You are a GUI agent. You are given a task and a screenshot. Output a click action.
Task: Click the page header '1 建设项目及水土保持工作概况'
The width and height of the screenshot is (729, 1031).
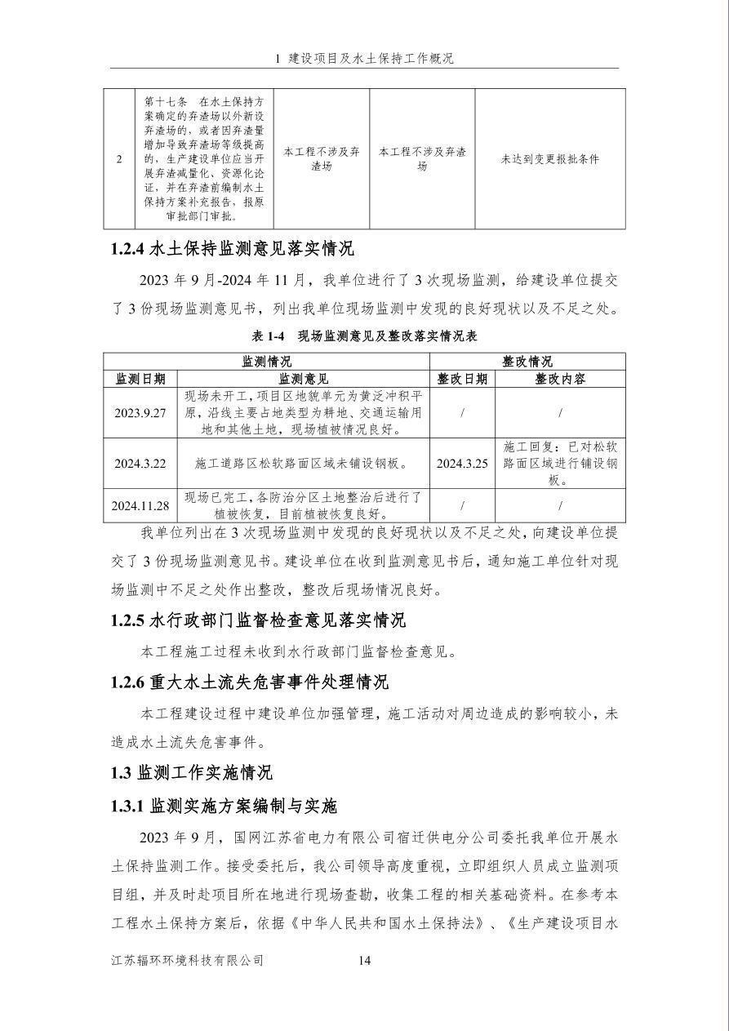coord(364,59)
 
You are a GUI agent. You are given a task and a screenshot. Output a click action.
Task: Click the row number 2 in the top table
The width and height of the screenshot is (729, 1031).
coord(119,159)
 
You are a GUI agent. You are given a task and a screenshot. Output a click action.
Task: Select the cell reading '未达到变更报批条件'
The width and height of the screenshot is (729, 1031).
coord(549,159)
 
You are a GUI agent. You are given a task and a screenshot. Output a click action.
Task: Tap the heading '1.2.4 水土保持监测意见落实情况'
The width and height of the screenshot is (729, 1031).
coord(232,248)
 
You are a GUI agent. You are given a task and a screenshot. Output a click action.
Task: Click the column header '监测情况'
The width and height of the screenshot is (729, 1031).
coord(266,361)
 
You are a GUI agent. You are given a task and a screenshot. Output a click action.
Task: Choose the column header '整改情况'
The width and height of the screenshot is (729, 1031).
coord(527,361)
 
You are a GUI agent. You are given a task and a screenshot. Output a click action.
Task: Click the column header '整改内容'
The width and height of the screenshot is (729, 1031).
coord(560,379)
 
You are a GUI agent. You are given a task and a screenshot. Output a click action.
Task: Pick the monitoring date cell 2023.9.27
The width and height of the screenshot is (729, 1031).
coord(140,413)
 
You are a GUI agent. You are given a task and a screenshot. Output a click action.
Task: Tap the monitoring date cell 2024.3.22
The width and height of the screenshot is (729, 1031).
coord(140,463)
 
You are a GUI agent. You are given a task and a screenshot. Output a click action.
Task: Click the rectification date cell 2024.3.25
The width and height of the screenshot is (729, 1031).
coord(461,463)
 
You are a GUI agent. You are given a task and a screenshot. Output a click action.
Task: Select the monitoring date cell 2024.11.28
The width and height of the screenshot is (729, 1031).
coord(141,505)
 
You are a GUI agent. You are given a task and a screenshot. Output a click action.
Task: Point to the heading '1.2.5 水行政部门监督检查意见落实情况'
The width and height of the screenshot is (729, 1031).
coord(258,620)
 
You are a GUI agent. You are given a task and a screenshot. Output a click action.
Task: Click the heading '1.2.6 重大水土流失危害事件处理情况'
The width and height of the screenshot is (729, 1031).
coord(250,682)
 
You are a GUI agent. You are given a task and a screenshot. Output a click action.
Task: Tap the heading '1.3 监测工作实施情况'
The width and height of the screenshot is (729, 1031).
coord(192,772)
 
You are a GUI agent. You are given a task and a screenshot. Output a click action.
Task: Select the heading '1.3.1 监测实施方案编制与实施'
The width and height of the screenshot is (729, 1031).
coord(224,807)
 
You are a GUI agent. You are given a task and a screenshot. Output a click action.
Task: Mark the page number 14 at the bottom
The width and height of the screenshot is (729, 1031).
coord(365,961)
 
